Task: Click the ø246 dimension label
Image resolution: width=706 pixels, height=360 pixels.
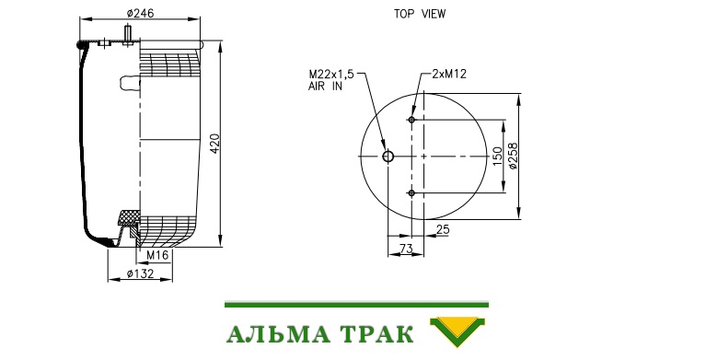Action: pos(140,14)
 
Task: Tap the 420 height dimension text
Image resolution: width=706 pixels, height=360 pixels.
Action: pos(215,144)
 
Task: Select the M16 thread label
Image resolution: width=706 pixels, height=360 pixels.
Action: pos(157,255)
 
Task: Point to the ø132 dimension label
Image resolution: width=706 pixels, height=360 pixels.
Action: pos(140,273)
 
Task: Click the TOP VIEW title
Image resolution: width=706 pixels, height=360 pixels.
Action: pos(420,14)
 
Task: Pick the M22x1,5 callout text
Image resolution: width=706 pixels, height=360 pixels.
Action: pos(331,74)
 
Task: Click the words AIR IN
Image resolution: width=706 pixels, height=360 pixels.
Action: pos(325,86)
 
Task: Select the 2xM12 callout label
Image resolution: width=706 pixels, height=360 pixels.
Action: pos(449,74)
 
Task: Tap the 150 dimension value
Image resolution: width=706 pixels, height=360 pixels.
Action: pos(497,156)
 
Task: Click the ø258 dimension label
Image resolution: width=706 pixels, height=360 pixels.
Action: pos(513,156)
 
